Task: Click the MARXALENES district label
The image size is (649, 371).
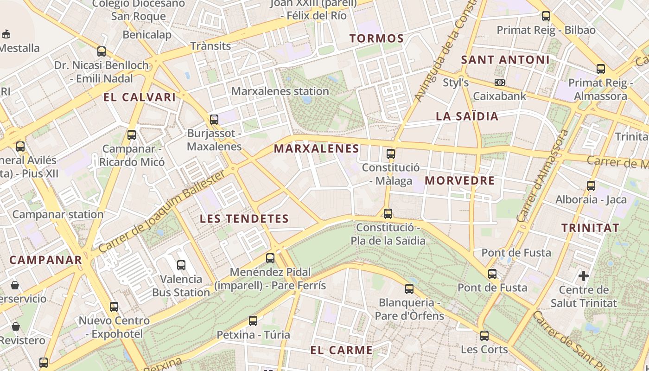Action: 317,149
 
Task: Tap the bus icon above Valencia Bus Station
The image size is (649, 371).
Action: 181,265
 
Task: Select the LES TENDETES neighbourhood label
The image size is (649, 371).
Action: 244,219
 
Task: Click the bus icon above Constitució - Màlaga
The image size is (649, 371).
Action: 391,154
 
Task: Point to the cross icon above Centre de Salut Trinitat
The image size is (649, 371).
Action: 583,276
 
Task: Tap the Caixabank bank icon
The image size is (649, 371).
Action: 500,83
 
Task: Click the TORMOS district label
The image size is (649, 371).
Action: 377,38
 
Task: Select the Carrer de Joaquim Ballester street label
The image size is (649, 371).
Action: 162,212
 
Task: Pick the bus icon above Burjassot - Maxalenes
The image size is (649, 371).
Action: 214,120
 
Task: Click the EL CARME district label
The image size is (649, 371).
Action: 342,351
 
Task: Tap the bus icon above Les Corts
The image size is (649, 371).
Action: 484,336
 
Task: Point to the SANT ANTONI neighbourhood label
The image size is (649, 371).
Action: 505,60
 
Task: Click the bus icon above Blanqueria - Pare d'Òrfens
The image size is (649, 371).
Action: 409,289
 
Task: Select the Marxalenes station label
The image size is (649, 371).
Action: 280,91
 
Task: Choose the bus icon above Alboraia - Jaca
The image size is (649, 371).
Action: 591,186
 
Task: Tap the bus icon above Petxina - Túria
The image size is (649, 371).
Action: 253,321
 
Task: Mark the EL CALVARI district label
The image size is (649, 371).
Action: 140,97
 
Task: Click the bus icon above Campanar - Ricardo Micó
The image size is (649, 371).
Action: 132,135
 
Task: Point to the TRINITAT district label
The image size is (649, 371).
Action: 590,228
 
